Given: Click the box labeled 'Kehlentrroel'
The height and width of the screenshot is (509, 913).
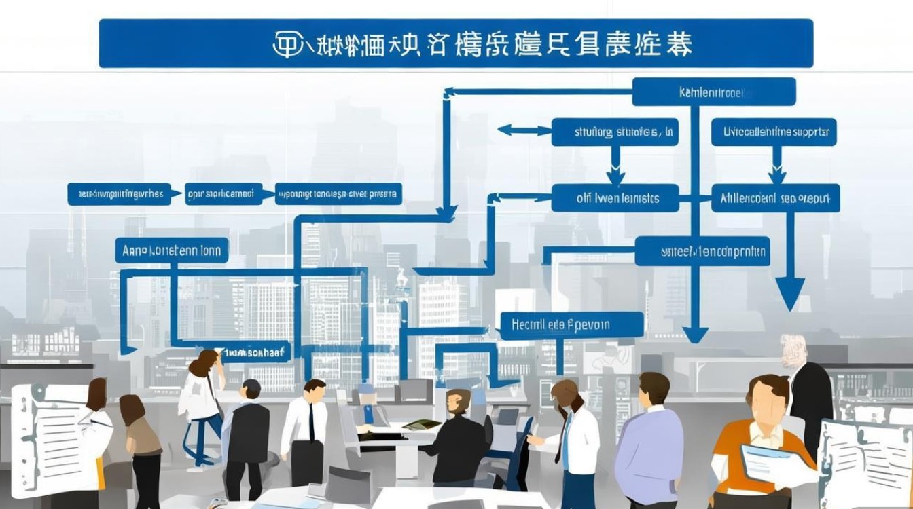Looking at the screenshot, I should pos(713,92).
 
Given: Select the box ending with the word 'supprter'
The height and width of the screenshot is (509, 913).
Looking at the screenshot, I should pos(774,132).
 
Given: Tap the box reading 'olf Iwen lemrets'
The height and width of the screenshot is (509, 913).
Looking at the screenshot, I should pos(615,198).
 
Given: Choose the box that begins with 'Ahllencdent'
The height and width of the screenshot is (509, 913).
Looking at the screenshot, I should pos(775,198).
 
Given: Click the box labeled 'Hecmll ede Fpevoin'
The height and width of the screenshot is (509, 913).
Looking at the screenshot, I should pos(571,325).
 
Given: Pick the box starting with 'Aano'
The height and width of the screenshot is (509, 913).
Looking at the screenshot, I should pos(172,250).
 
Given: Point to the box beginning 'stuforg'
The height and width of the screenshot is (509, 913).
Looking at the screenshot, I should pos(615,132).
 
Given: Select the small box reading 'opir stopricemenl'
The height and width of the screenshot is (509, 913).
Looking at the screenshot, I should pos(223,194).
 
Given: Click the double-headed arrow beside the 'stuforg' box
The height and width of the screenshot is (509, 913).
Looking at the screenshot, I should pos(524,130).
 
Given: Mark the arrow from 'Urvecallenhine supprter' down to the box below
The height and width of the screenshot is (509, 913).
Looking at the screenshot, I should pos(776,167).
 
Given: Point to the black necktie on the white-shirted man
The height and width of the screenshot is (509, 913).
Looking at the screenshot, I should pos(312,421).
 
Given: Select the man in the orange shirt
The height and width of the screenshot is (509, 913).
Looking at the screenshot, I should pos(761,434).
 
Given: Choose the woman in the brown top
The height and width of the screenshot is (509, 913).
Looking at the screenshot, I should pos(140,441).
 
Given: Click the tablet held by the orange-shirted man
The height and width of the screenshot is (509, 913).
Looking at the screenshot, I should pos(774,465).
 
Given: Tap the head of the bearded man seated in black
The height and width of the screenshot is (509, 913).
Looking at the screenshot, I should pos(459,402).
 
